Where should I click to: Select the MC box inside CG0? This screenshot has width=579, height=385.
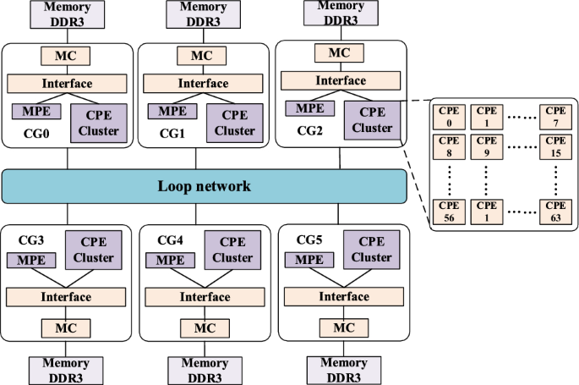pos(67,57)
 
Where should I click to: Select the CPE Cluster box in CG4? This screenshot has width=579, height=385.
pos(232,250)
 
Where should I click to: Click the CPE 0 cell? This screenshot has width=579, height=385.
pos(448,116)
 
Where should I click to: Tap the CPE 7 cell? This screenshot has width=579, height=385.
pos(555,116)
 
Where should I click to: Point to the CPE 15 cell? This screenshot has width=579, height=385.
pos(555,146)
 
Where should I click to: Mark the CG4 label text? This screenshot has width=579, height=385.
pos(171,240)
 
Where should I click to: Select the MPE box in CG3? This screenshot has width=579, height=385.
pos(31,259)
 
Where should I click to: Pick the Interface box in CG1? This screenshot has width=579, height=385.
pos(203,84)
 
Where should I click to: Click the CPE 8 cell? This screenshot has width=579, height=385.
pos(448,146)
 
